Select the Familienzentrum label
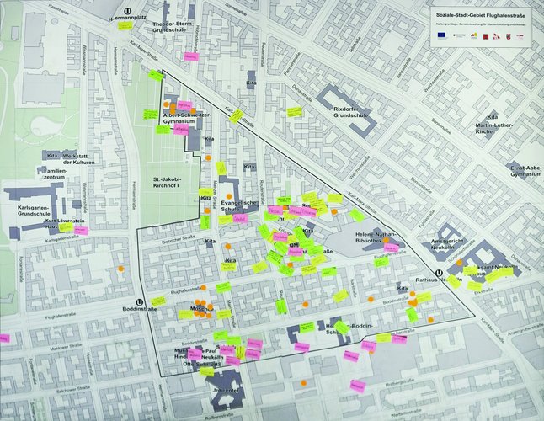(49, 174)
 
